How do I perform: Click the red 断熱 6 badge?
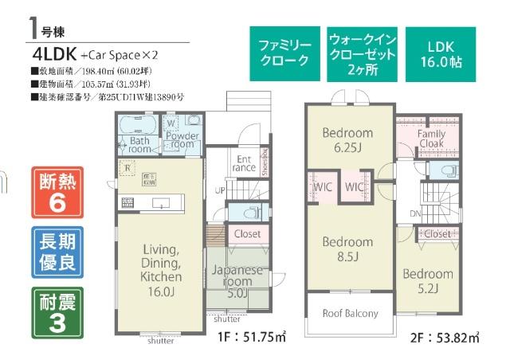(x=57, y=194)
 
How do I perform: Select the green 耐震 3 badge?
(x=57, y=311)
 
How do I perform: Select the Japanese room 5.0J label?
(x=237, y=281)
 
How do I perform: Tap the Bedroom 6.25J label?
(x=347, y=140)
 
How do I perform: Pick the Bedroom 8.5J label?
(x=347, y=248)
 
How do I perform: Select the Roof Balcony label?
(x=350, y=313)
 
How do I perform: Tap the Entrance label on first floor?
(x=243, y=162)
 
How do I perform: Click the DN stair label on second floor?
(x=414, y=213)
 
